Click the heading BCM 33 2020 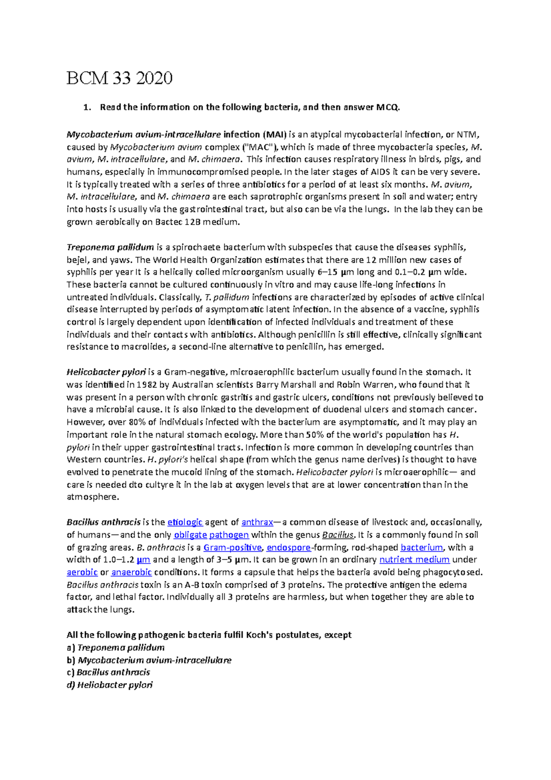tap(119, 78)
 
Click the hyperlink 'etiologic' tap(185, 522)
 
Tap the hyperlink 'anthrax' tap(257, 522)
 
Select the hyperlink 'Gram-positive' tap(232, 548)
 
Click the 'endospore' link tap(288, 548)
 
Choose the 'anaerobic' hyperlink tap(131, 572)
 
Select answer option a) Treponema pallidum tap(116, 648)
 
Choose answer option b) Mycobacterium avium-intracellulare tap(149, 660)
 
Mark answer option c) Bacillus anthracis tap(108, 673)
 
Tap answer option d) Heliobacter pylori tap(110, 685)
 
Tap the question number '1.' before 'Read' tap(86, 107)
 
